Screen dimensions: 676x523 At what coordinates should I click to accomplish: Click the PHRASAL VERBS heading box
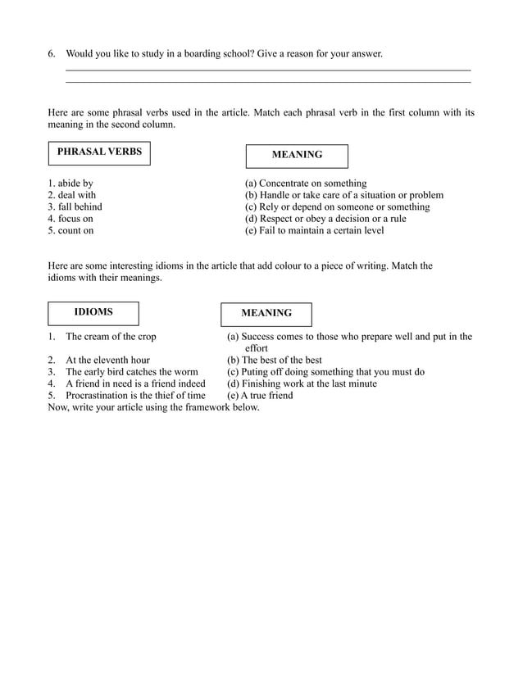point(99,152)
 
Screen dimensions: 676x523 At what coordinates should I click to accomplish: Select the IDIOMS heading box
point(93,313)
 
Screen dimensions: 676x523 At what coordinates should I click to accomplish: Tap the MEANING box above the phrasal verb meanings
point(297,155)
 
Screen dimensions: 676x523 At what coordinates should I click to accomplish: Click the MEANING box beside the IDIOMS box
point(266,314)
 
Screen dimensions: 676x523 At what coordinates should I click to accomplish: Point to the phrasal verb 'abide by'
point(70,184)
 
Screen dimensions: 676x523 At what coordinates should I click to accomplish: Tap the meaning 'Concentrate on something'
point(306,184)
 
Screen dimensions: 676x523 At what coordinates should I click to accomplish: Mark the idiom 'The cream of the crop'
point(111,337)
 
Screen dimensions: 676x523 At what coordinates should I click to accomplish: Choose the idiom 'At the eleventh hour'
point(107,360)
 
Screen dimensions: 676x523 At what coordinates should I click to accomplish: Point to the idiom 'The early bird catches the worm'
point(131,372)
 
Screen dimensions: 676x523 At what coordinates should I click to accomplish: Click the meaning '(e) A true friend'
point(259,396)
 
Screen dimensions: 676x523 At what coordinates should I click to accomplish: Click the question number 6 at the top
point(52,54)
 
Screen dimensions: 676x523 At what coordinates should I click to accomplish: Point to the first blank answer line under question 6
point(267,70)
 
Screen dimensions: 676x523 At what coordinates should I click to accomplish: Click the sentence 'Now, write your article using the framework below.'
point(153,407)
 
